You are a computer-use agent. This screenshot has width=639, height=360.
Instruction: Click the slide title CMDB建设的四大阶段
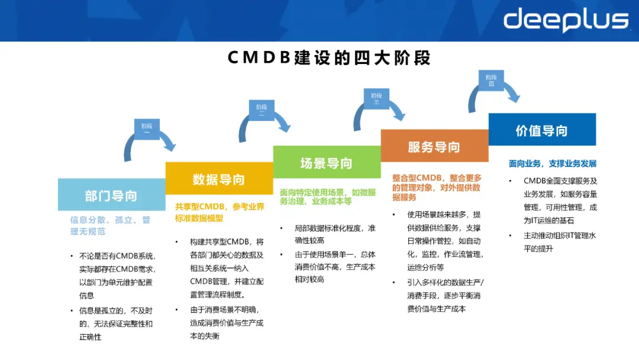[x=329, y=58]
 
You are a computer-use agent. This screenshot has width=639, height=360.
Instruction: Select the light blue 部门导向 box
[x=111, y=195]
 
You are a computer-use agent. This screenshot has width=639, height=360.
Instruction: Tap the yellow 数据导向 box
[x=218, y=179]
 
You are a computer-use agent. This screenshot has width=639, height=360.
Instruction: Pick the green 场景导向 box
[x=326, y=163]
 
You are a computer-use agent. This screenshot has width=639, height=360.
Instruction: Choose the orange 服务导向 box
[x=434, y=146]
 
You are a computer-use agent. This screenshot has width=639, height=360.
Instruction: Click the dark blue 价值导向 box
[x=541, y=130]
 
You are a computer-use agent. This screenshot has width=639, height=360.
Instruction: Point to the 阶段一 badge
[x=146, y=129]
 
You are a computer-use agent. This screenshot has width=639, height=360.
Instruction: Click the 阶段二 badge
[x=261, y=111]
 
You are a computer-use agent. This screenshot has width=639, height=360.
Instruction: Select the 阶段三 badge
[x=376, y=98]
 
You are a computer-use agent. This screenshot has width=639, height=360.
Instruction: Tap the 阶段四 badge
[x=490, y=81]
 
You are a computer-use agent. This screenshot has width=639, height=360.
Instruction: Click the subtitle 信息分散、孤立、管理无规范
[x=111, y=226]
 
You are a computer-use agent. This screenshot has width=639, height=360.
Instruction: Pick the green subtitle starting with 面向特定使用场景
[x=327, y=197]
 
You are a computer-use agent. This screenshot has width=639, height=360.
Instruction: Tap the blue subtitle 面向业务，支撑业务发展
[x=553, y=163]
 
